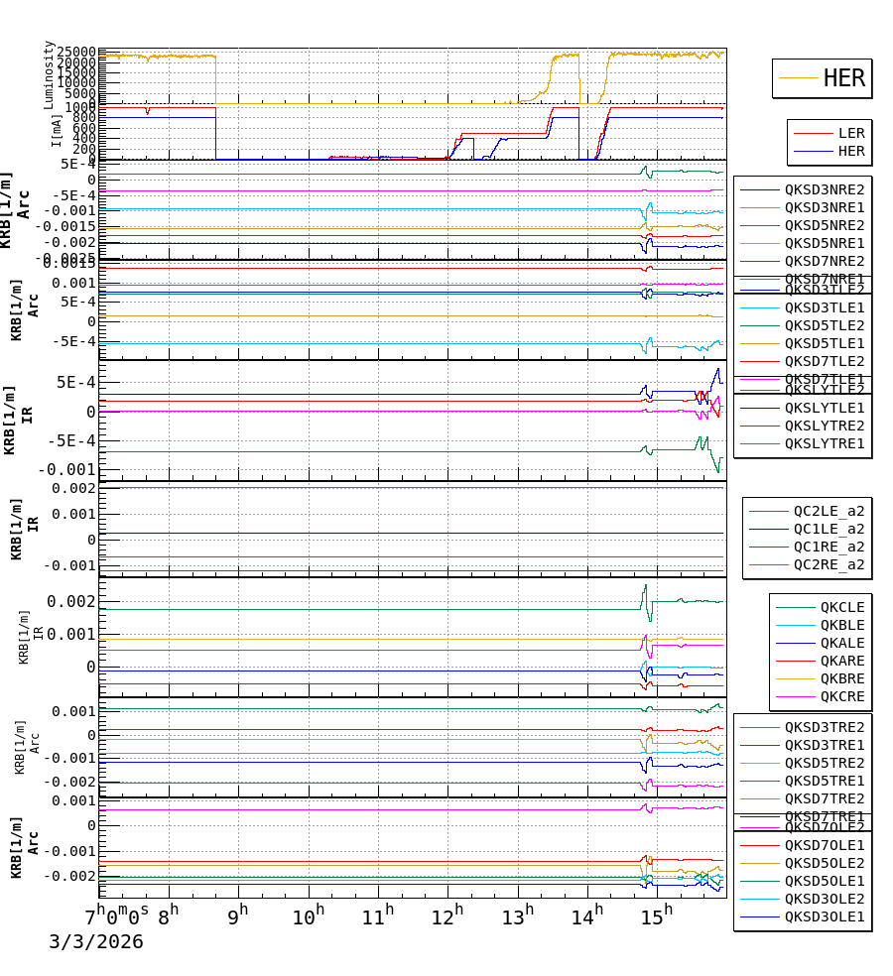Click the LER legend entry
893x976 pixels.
(850, 133)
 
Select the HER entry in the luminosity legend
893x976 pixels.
(844, 78)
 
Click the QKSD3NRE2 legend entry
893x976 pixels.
(824, 189)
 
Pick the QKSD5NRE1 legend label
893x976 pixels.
(824, 243)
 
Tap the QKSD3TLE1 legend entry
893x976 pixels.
(824, 307)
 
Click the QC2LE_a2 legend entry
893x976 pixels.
(829, 511)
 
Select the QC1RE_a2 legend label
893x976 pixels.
(829, 547)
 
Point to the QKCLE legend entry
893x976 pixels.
(841, 607)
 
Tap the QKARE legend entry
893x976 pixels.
(841, 661)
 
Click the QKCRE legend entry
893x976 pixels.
(841, 696)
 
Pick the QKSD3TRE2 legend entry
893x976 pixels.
(824, 727)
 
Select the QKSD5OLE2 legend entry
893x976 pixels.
(824, 863)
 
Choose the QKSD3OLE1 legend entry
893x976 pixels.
(824, 916)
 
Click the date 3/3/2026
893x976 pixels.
(95, 942)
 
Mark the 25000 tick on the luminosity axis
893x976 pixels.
(76, 53)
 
